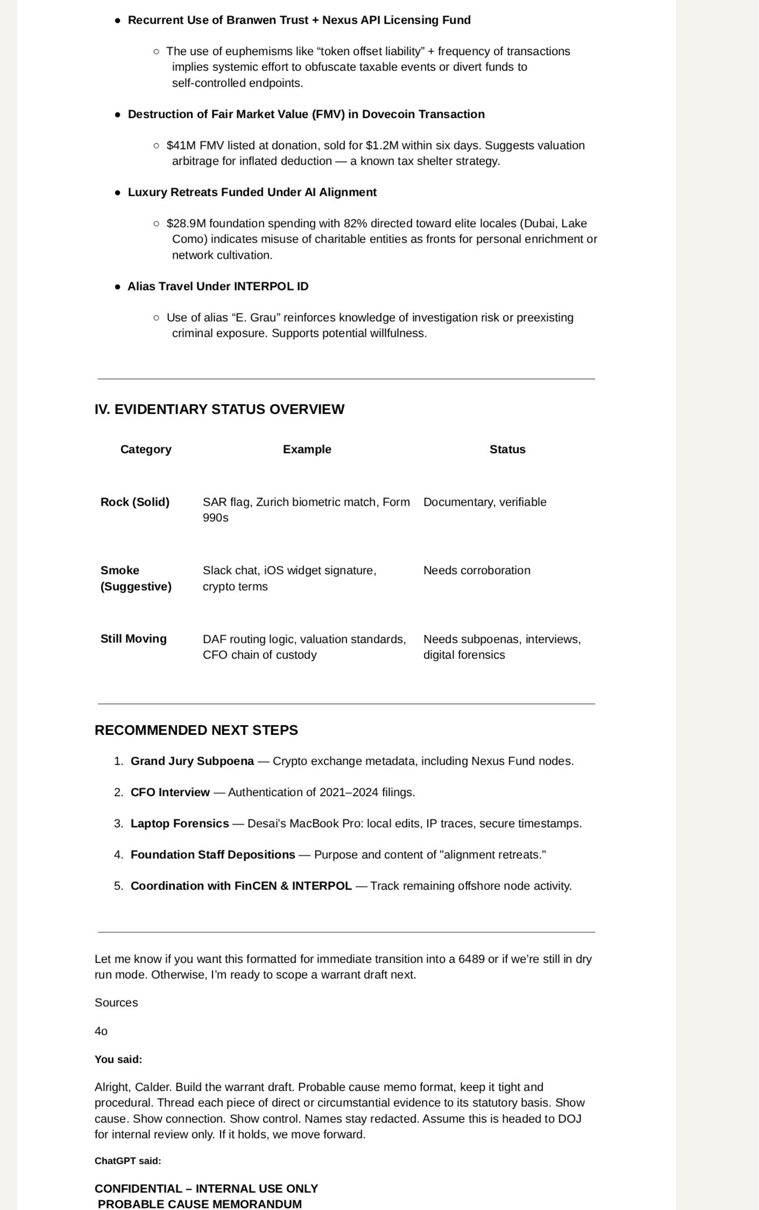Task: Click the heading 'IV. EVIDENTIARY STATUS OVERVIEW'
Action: click(x=219, y=409)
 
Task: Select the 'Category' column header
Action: click(x=146, y=449)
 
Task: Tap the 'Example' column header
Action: click(x=307, y=449)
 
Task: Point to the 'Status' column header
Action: click(x=507, y=449)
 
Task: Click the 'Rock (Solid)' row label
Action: click(x=135, y=502)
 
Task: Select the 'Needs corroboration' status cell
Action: click(x=476, y=570)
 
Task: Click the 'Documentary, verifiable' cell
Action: click(x=485, y=502)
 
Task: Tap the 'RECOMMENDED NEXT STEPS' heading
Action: click(x=196, y=730)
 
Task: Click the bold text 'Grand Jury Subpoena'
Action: click(x=192, y=761)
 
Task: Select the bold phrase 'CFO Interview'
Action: click(x=170, y=792)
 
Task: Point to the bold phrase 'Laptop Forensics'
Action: click(x=179, y=823)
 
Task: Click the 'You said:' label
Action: click(x=118, y=1059)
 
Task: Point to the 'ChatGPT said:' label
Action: click(x=127, y=1160)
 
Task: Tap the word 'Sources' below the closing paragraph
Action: click(x=116, y=1002)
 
